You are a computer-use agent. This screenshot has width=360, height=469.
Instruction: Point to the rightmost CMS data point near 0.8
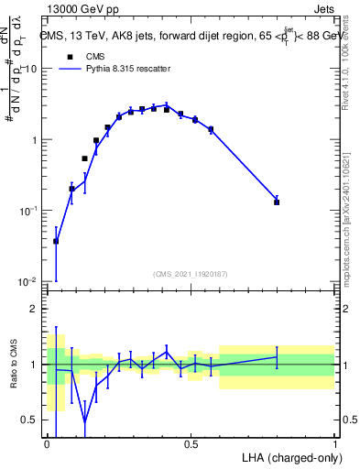(277, 202)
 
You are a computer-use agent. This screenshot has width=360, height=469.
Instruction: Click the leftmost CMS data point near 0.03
(56, 241)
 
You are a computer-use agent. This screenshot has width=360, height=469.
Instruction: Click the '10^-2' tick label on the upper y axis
(29, 281)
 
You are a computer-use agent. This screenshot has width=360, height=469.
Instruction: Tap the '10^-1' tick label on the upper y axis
(29, 211)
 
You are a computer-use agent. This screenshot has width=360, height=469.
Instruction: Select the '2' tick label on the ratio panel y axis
(36, 309)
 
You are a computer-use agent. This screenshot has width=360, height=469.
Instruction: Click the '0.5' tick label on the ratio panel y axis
(31, 420)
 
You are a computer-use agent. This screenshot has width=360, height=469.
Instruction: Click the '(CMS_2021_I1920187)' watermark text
(191, 274)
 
